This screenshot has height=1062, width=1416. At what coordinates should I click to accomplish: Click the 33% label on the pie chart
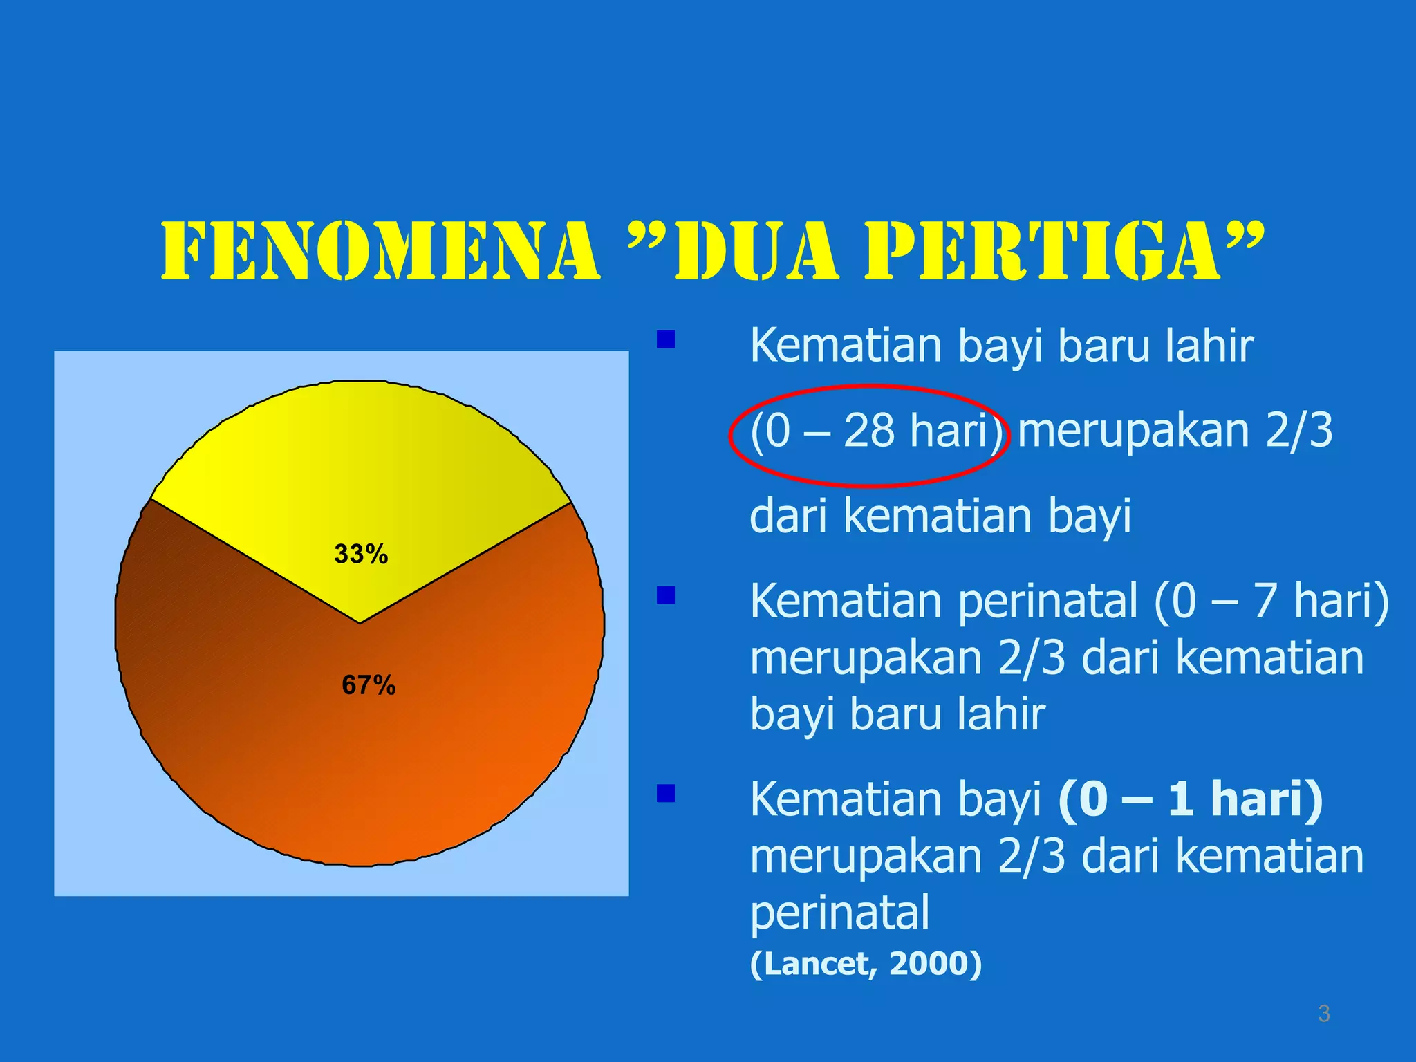point(361,554)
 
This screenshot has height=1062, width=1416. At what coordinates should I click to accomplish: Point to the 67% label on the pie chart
point(369,685)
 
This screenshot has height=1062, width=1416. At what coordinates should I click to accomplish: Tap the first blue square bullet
point(666,339)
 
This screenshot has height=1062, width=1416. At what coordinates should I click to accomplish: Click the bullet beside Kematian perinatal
point(666,595)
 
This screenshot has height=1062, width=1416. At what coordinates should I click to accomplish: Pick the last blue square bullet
point(666,793)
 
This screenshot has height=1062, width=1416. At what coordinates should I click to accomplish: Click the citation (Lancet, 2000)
point(866,963)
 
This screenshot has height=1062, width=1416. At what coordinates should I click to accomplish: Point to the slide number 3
point(1324,1014)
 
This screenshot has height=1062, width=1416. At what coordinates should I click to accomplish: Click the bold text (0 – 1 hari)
point(1190,799)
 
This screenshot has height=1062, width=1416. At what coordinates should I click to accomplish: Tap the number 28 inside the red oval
point(869,430)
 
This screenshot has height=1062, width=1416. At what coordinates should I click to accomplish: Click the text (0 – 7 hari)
point(1271,600)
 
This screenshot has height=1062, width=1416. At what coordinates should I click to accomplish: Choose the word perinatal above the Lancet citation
point(839,912)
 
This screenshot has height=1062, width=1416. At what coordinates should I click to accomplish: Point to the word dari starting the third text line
point(789,515)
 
